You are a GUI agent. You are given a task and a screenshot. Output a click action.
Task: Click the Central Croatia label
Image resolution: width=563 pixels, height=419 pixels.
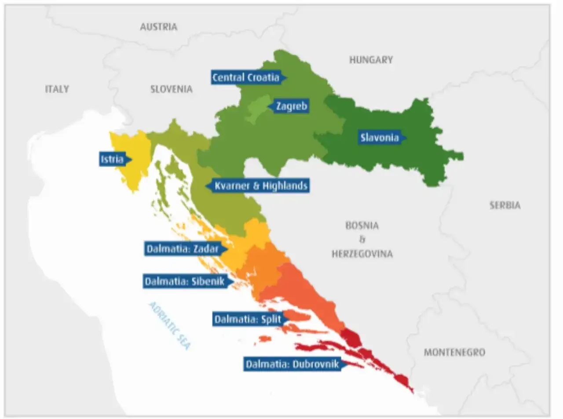point(246,78)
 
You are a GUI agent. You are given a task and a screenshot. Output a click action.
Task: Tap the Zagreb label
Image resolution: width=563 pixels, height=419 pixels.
point(291,106)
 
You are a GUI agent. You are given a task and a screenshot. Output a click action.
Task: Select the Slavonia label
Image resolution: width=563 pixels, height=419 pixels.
point(380,138)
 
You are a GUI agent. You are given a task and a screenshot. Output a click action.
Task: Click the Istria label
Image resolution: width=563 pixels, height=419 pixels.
point(112,159)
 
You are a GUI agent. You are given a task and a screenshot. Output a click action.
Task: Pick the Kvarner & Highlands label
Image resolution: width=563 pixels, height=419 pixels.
point(260,186)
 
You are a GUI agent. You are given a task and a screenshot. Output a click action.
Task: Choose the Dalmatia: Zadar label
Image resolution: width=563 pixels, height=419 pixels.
point(183,249)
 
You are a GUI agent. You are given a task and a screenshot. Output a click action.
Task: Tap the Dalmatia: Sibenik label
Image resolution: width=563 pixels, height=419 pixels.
point(185,281)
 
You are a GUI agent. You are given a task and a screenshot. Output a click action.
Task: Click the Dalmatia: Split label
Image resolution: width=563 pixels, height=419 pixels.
point(248,319)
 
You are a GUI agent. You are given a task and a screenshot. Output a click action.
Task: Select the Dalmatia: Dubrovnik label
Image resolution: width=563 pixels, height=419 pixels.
point(292,364)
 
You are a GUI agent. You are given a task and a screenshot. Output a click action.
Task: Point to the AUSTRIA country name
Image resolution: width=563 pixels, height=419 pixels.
point(158,27)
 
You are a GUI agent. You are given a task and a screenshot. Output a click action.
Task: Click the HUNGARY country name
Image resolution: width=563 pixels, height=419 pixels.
point(371,60)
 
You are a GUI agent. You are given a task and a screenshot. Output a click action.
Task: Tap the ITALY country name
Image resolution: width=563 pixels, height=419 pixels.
point(57,89)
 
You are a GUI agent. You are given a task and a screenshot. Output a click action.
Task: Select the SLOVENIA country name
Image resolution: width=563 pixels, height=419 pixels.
point(171,89)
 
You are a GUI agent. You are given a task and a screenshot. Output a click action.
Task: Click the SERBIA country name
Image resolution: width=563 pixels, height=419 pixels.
point(505,205)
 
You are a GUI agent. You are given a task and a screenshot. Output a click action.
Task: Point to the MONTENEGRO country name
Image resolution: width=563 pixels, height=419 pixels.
point(454,352)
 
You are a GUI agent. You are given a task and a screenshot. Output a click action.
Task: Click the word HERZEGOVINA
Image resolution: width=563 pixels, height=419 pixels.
point(362,254)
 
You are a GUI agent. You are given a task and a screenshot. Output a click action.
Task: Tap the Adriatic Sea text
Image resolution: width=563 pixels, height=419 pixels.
point(170,326)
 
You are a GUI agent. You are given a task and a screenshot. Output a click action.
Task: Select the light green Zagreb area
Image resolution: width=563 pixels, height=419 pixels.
point(257,108)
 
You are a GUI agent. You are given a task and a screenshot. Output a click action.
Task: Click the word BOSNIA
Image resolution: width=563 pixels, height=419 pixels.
point(362,226)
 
